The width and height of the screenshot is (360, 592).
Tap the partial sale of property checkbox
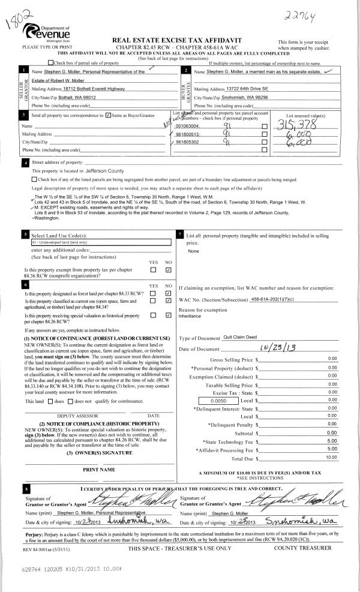(x=50, y=62)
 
